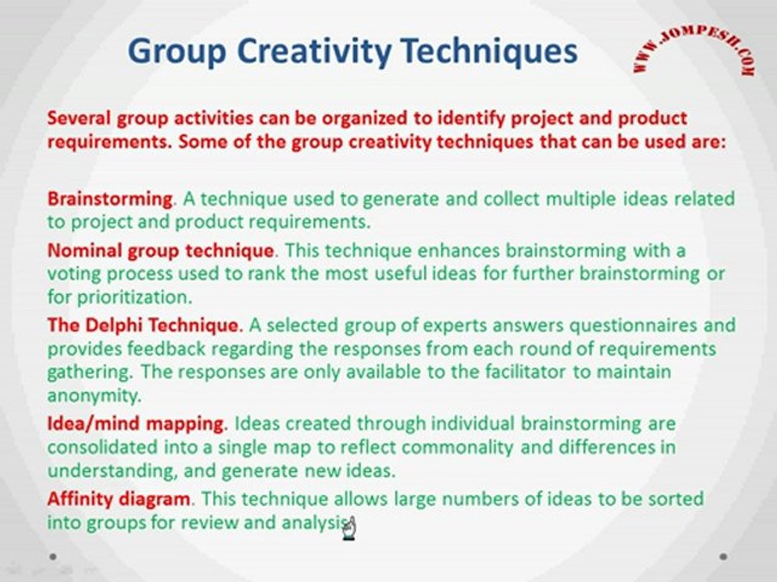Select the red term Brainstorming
pos(109,200)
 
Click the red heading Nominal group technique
pos(160,251)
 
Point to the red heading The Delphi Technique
pos(143,325)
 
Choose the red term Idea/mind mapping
pos(136,424)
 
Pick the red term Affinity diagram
pos(118,499)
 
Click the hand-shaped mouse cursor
pos(350,529)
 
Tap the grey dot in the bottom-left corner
pos(53,557)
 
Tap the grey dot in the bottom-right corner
pos(724,557)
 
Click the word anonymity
pos(94,396)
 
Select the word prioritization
pos(134,297)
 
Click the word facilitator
pos(525,372)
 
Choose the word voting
pos(74,275)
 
